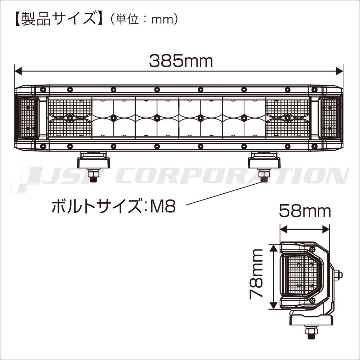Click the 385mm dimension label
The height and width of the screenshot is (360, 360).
[x=181, y=61]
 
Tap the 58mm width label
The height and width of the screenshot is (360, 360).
[x=305, y=211]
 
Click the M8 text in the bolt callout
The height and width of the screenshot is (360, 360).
[x=163, y=206]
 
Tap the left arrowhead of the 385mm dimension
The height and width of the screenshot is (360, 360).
[x=18, y=71]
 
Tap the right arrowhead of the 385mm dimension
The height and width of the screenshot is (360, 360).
[x=339, y=71]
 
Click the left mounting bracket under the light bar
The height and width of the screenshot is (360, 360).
[x=94, y=160]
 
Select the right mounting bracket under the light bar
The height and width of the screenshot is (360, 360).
[x=264, y=160]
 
